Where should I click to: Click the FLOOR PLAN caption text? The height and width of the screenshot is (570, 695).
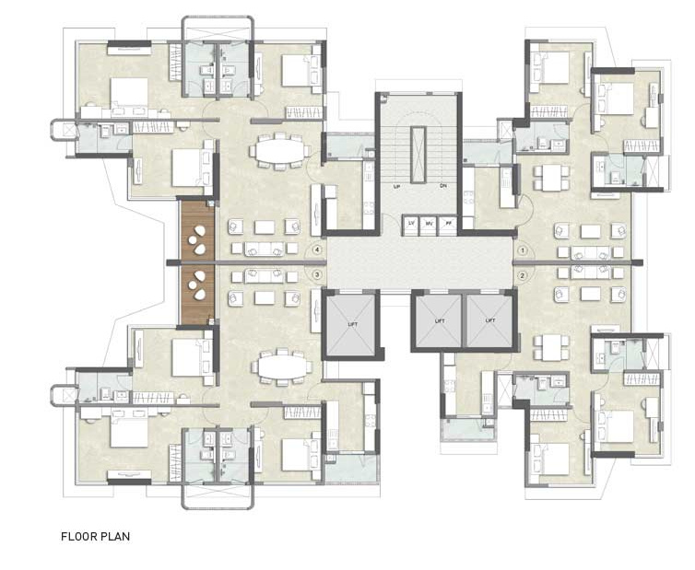click(x=95, y=535)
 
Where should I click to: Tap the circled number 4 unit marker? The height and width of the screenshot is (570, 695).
click(x=317, y=250)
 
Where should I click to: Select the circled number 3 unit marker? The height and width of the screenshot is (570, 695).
click(x=317, y=274)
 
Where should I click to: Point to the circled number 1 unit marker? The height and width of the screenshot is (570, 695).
click(x=522, y=250)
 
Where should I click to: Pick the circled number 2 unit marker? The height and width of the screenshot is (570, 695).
click(x=522, y=274)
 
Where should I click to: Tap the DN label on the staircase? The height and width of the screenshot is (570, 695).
click(x=442, y=186)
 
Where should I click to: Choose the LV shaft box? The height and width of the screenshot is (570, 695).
click(x=412, y=224)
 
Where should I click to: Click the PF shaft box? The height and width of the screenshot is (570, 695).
click(x=449, y=224)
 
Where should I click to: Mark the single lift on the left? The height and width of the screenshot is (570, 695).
click(x=350, y=323)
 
